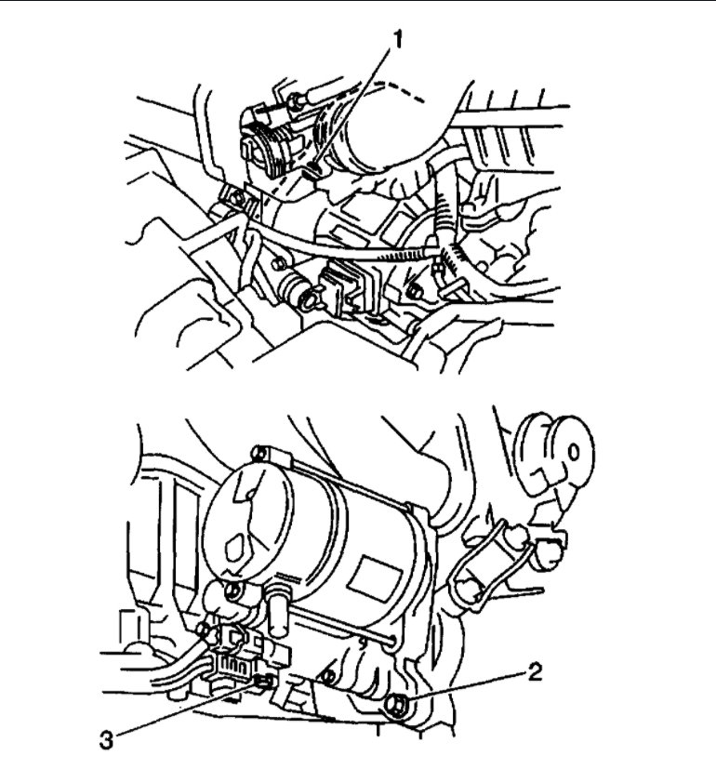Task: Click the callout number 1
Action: click(x=397, y=38)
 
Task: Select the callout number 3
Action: click(x=109, y=741)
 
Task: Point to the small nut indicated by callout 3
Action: click(x=263, y=685)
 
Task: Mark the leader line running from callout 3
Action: click(x=186, y=713)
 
